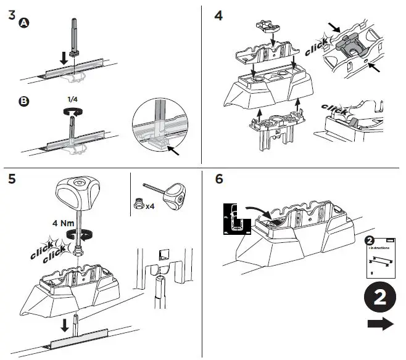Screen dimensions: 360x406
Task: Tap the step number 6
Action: coord(218,179)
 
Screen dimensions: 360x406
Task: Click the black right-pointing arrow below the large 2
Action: coord(380,324)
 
